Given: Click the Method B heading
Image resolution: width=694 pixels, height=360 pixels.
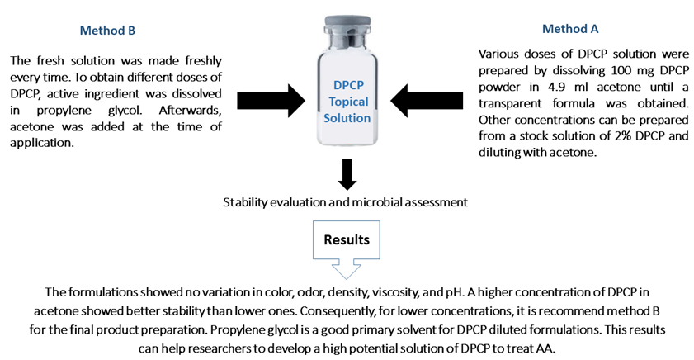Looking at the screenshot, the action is coord(107,31).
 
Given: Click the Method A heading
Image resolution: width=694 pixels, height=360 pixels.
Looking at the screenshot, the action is coord(570,29).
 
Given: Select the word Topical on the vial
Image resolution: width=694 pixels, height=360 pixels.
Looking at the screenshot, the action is coord(348,102).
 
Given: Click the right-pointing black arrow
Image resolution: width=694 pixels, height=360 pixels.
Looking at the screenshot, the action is coord(271,101).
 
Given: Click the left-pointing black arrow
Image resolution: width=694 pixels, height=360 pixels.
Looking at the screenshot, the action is coord(427,101).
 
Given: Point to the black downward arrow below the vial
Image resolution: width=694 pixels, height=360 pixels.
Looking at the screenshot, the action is coord(347,174).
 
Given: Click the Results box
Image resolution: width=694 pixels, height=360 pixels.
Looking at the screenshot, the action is coord(347,249).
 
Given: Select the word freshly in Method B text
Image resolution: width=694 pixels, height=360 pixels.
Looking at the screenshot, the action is coord(203,60).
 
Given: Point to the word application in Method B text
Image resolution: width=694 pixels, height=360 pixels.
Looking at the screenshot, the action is coord(41,143).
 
